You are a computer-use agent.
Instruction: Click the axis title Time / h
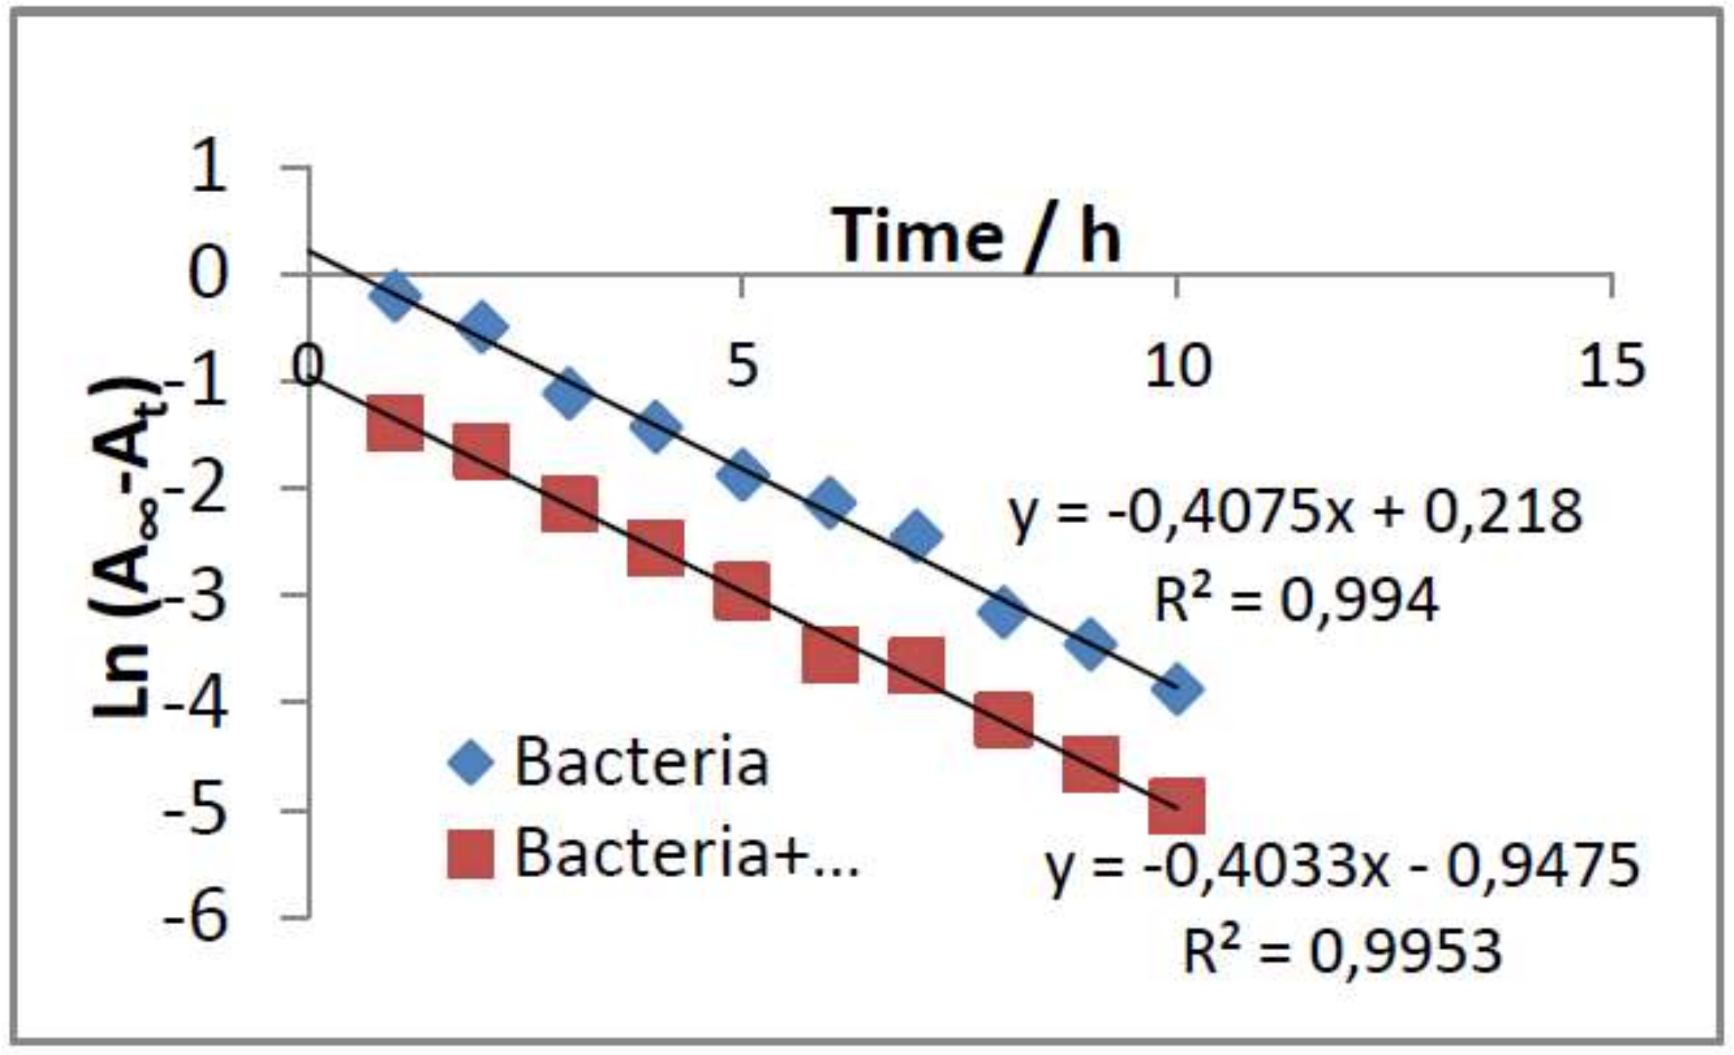(976, 236)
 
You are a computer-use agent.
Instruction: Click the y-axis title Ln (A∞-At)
(127, 548)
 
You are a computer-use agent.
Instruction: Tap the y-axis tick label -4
(195, 703)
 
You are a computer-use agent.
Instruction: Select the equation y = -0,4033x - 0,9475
(1343, 864)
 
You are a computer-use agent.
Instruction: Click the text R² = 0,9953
(1343, 950)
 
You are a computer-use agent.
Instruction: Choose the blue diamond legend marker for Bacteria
(472, 762)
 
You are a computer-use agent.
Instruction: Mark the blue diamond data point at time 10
(1177, 688)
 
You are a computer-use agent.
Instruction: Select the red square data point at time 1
(395, 424)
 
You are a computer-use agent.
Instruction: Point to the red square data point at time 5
(742, 591)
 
